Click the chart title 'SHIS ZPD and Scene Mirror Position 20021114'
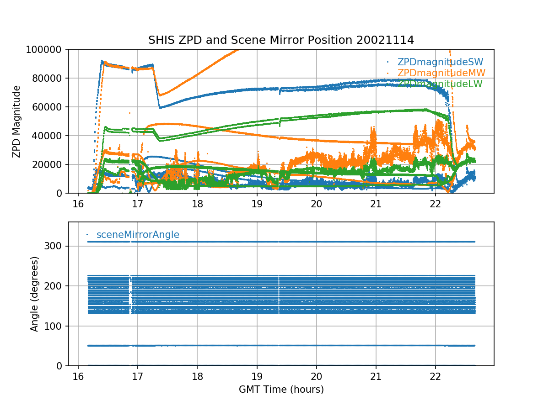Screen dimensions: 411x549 point(281,40)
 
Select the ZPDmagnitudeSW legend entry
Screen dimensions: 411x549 point(440,62)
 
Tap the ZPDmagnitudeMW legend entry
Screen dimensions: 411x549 point(441,73)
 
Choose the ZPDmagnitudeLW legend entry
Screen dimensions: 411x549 point(440,84)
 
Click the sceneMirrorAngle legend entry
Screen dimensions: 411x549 point(138,235)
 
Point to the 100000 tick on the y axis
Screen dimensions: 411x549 point(48,49)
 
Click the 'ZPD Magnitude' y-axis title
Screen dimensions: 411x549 point(17,121)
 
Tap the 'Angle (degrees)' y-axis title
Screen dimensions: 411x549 point(35,294)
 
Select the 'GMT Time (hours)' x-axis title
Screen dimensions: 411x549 point(281,390)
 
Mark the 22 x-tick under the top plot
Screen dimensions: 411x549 point(436,203)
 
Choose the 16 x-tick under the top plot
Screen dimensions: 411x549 point(78,203)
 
